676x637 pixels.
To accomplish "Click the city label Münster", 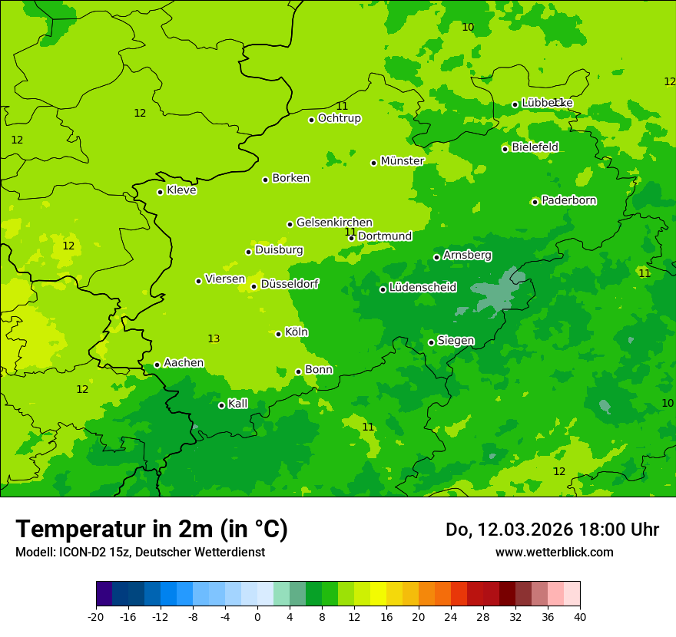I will coord(402,161).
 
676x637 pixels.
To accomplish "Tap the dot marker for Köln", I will coord(278,334).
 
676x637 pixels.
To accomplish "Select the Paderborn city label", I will coord(568,200).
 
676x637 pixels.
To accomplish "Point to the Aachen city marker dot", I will coord(157,365).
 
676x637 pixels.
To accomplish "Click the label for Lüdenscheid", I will coord(422,288).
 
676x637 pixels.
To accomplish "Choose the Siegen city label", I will coord(456,341).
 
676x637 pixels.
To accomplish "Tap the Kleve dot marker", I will coord(160,192).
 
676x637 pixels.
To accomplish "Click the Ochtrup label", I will coord(339,118).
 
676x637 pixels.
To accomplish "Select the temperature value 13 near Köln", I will coord(214,338).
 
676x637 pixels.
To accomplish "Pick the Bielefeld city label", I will coord(535,147).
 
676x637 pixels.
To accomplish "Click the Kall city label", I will coord(237,404).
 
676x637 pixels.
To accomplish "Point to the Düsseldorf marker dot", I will coord(253,286).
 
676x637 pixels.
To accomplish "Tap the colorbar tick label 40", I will coord(580,616).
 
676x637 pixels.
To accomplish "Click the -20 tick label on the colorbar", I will coord(95,616).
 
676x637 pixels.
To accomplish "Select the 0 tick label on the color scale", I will coord(257,616).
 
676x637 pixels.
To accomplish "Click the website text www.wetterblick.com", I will coord(554,552).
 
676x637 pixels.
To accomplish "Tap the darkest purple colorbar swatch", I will coord(104,594).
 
